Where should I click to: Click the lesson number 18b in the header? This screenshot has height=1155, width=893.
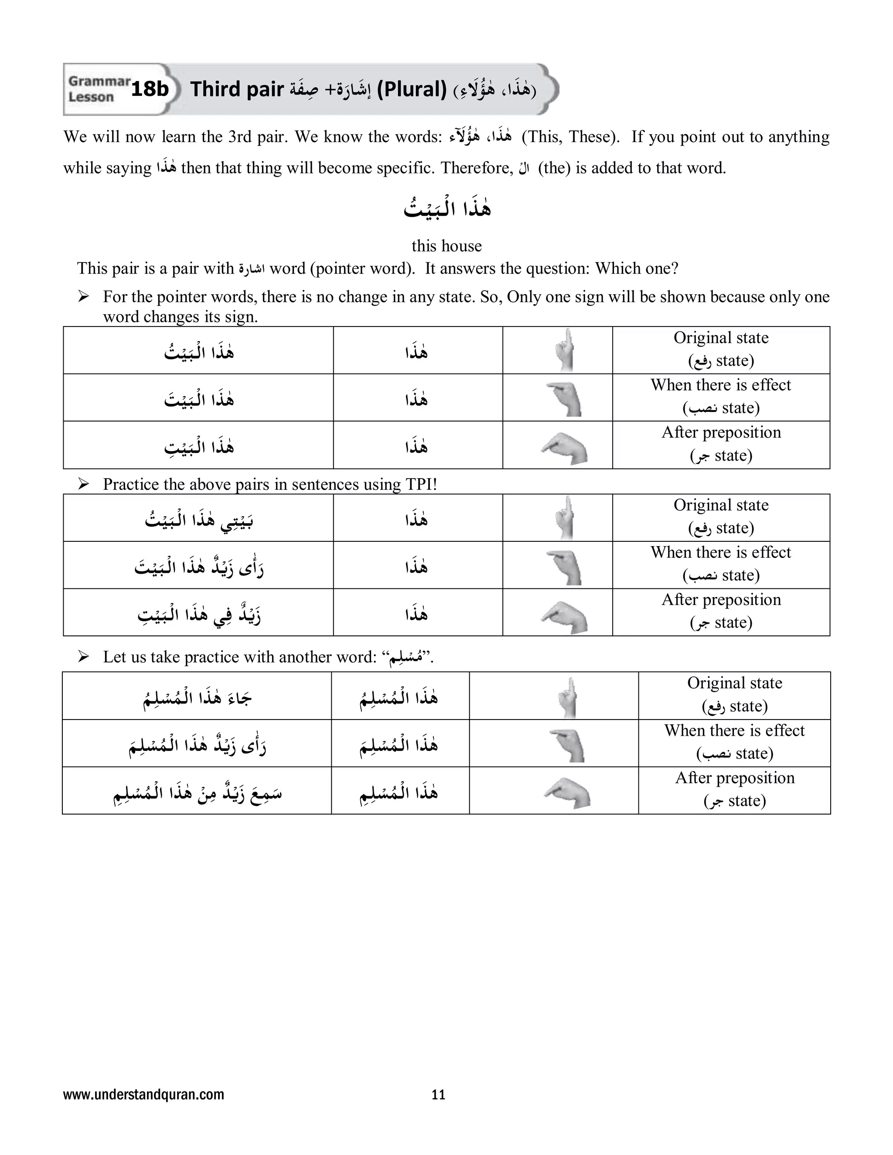pyautogui.click(x=150, y=89)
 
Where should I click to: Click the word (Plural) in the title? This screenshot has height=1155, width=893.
pyautogui.click(x=412, y=89)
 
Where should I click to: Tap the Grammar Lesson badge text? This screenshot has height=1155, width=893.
pyautogui.click(x=99, y=89)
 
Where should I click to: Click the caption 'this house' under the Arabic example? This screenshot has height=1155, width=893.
pyautogui.click(x=446, y=246)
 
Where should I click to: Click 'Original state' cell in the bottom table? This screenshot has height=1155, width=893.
pyautogui.click(x=734, y=694)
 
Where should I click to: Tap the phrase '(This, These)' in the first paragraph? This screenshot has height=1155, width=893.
pyautogui.click(x=570, y=136)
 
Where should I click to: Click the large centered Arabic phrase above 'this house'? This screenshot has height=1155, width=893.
pyautogui.click(x=447, y=208)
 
